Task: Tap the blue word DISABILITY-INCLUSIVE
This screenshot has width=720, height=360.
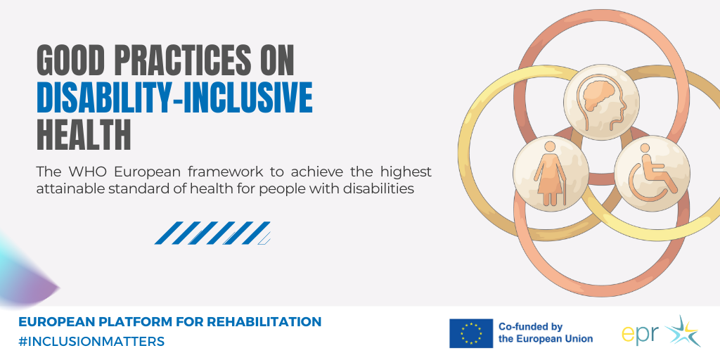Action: pyautogui.click(x=174, y=98)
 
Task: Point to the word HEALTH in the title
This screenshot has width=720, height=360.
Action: pyautogui.click(x=84, y=135)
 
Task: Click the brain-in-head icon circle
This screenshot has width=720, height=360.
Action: pyautogui.click(x=601, y=102)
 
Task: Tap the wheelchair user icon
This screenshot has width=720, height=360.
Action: pyautogui.click(x=652, y=173)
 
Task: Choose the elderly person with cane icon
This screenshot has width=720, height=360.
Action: pyautogui.click(x=551, y=173)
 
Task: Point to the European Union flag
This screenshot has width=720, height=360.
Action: pyautogui.click(x=471, y=333)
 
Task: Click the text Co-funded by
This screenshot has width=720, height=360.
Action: pyautogui.click(x=530, y=327)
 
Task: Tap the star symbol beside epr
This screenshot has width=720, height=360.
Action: pyautogui.click(x=683, y=330)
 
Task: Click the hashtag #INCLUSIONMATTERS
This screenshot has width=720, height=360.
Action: pyautogui.click(x=91, y=342)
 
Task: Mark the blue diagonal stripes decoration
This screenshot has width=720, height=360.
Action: pyautogui.click(x=212, y=233)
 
